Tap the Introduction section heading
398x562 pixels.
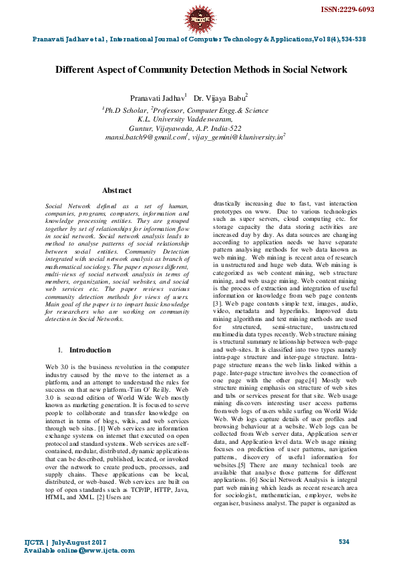pyautogui.click(x=90, y=350)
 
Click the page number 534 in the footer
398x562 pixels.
pyautogui.click(x=344, y=541)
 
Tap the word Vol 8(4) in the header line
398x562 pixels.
pyautogui.click(x=322, y=39)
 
